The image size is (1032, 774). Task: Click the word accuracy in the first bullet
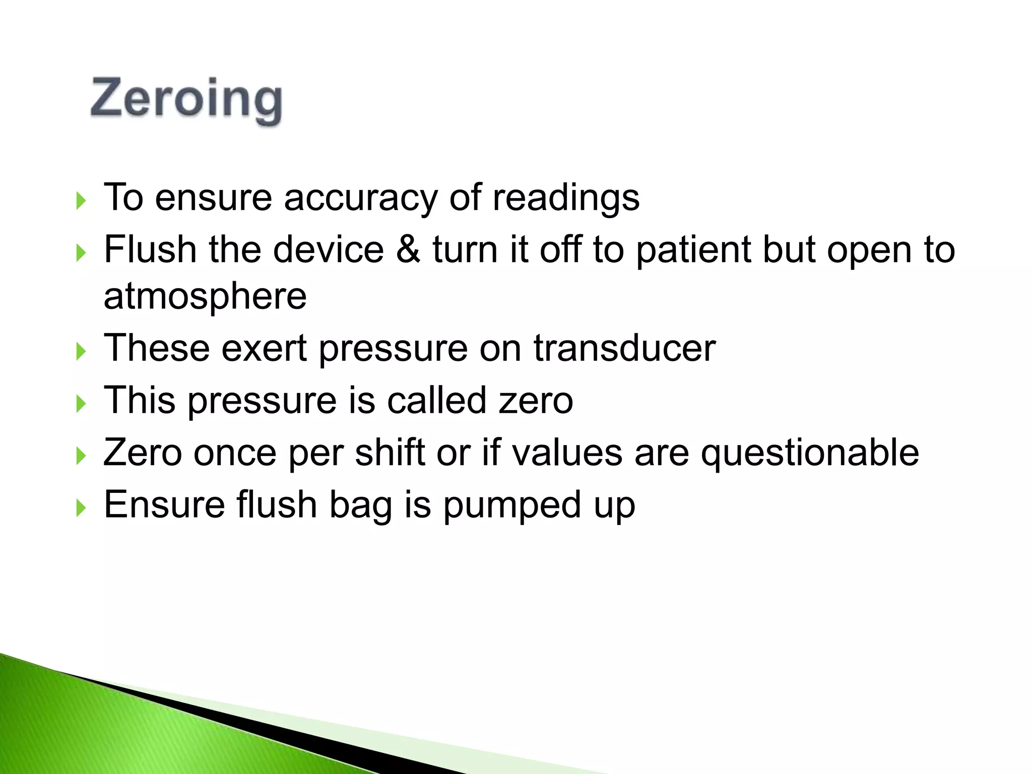click(x=360, y=198)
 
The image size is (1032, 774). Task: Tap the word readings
click(x=565, y=198)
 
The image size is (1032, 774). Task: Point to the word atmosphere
click(x=205, y=296)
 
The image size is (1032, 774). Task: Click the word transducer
click(x=624, y=348)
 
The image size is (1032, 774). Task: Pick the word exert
click(x=264, y=348)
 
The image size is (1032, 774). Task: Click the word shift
click(x=390, y=452)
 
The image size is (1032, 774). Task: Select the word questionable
click(x=810, y=453)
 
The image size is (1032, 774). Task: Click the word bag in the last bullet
click(x=360, y=505)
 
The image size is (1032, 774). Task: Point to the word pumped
click(x=512, y=505)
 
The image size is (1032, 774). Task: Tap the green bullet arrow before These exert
click(x=81, y=351)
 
